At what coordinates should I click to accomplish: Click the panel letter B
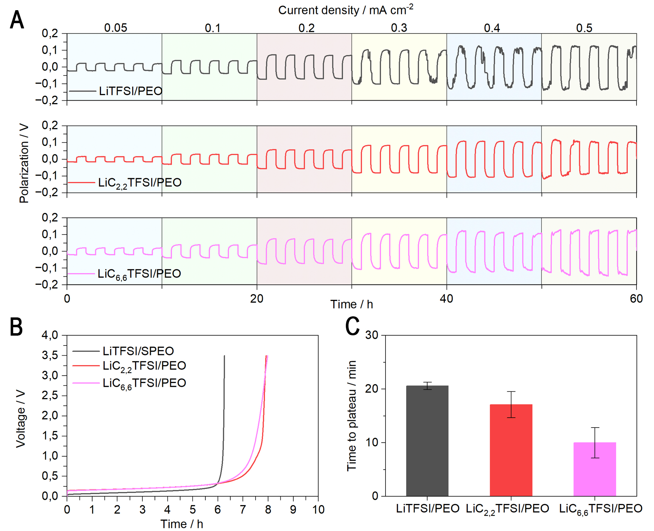(x=16, y=327)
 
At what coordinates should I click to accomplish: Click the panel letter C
(x=352, y=326)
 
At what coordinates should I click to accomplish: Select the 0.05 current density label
(x=116, y=28)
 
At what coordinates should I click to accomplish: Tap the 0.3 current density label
(x=399, y=28)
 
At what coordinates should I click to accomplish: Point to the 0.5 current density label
(x=584, y=28)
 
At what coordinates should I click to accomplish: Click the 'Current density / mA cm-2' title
(x=346, y=10)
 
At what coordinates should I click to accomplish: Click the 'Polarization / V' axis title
(x=24, y=163)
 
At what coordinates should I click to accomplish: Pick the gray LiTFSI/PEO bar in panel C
(x=427, y=441)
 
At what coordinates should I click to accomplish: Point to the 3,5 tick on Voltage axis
(x=50, y=355)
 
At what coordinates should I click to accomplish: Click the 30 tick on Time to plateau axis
(x=372, y=335)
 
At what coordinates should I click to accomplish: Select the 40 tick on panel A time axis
(x=446, y=298)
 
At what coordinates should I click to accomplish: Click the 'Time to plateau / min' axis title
(x=352, y=416)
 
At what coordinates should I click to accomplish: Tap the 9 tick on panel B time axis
(x=293, y=509)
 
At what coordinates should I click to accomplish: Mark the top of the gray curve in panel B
(x=224, y=356)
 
